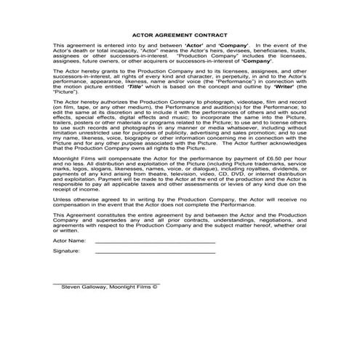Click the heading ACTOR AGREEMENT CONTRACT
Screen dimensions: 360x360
(180, 34)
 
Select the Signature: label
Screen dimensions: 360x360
(66, 251)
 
